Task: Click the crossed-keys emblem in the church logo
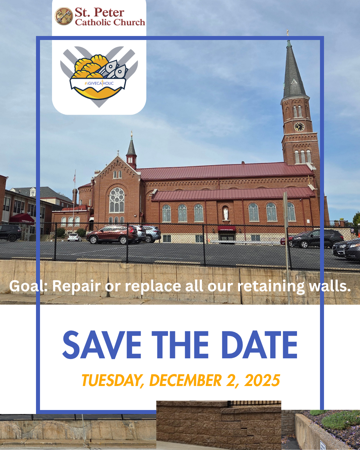coord(64,16)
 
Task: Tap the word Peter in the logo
coord(109,13)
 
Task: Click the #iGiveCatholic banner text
coord(99,83)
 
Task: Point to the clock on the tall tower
coord(299,127)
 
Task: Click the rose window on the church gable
coord(117,200)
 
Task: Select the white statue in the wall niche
coord(225,213)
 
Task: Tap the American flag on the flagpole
coord(74,178)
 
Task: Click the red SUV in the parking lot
coord(112,234)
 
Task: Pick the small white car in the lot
coord(74,238)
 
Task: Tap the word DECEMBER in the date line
coord(185,380)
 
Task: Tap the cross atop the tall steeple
coord(288,32)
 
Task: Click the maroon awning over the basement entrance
coord(227,228)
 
